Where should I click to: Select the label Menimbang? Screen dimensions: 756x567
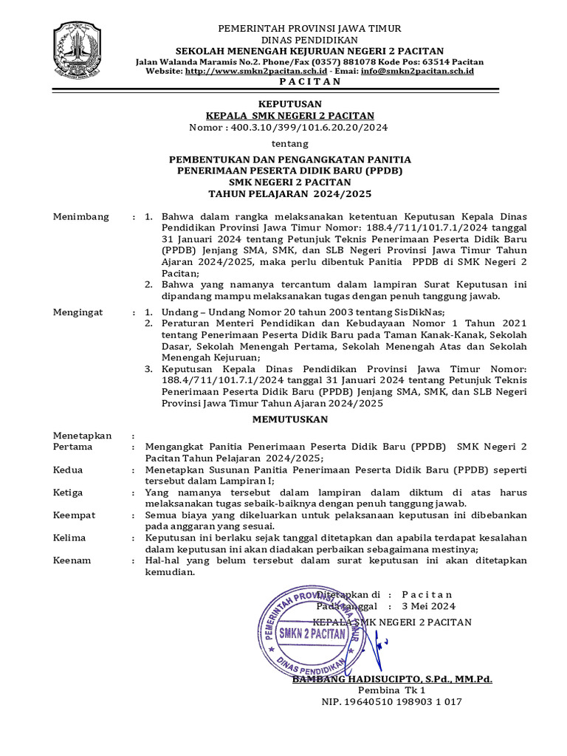coord(81,217)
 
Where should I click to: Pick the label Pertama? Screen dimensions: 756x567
coord(73,447)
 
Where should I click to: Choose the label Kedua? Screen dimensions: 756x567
coord(69,470)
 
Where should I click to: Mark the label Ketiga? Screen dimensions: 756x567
coord(69,492)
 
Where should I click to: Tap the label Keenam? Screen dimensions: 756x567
coord(72,560)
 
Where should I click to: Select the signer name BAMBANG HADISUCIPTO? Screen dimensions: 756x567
coord(357,678)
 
